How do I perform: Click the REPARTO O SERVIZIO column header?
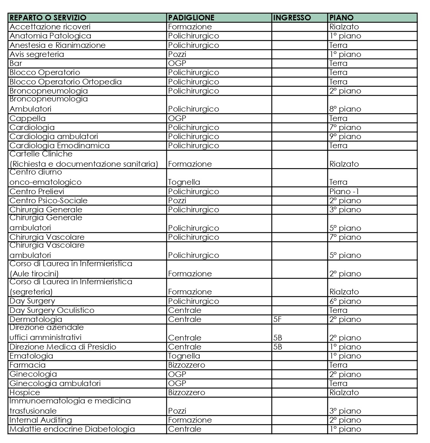(48, 18)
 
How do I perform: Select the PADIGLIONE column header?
(191, 18)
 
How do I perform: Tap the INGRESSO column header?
(292, 18)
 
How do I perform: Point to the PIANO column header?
(341, 18)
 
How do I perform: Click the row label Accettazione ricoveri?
(50, 27)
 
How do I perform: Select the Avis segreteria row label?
(37, 54)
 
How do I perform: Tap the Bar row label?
(16, 63)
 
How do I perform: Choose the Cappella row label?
(28, 118)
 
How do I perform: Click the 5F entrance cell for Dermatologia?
(278, 319)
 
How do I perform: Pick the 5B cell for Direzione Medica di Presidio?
(278, 347)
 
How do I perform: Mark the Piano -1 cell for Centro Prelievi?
(344, 192)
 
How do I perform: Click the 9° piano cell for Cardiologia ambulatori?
(345, 136)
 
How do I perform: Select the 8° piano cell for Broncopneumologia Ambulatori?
(345, 109)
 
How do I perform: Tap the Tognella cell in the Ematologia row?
(184, 356)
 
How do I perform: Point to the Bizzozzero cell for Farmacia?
(187, 365)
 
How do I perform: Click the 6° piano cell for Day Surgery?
(345, 301)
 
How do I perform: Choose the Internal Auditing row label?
(41, 420)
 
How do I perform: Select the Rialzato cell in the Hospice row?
(344, 392)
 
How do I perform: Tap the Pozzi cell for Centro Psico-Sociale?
(177, 201)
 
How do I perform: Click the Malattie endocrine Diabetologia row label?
(72, 429)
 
